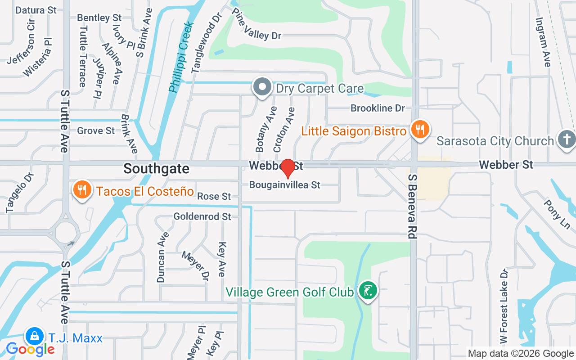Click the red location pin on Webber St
pyautogui.click(x=288, y=168)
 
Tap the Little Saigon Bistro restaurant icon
pyautogui.click(x=420, y=130)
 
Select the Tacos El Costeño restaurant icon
pyautogui.click(x=81, y=190)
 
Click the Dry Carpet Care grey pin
pyautogui.click(x=262, y=87)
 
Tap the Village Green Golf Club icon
pyautogui.click(x=368, y=291)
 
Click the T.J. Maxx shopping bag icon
pyautogui.click(x=34, y=337)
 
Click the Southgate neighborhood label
pyautogui.click(x=156, y=169)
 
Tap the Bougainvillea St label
pyautogui.click(x=285, y=185)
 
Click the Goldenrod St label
pyautogui.click(x=202, y=217)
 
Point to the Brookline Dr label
pyautogui.click(x=378, y=108)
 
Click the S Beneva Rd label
pyautogui.click(x=412, y=207)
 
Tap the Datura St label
pyautogui.click(x=36, y=10)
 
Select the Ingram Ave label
pyautogui.click(x=543, y=42)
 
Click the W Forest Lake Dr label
pyautogui.click(x=504, y=311)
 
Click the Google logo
pyautogui.click(x=30, y=349)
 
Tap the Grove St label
pyautogui.click(x=96, y=131)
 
